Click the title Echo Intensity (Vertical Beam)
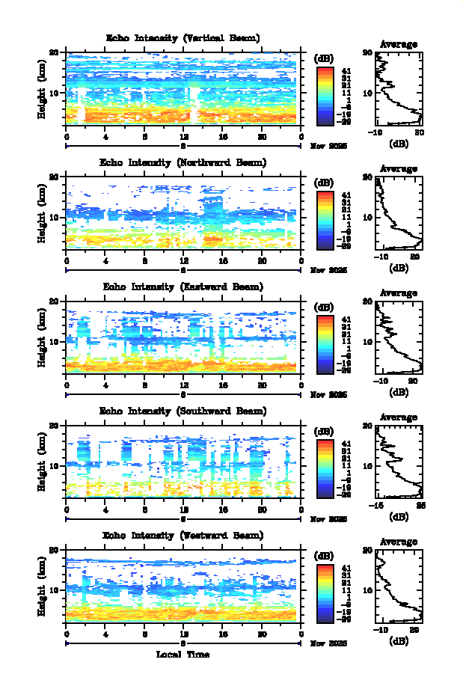(183, 38)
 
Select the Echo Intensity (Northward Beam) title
(183, 162)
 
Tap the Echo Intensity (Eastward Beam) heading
(183, 287)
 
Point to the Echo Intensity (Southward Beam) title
(183, 411)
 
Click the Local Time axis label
(183, 655)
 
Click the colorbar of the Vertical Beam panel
(324, 95)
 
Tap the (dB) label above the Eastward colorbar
(325, 307)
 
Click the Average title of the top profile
(399, 44)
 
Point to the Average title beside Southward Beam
(399, 417)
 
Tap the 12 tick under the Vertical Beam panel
(184, 137)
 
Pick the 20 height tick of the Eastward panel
(54, 301)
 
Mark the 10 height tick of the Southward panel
(54, 465)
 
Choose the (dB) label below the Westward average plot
(399, 640)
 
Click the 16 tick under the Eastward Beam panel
(223, 385)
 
